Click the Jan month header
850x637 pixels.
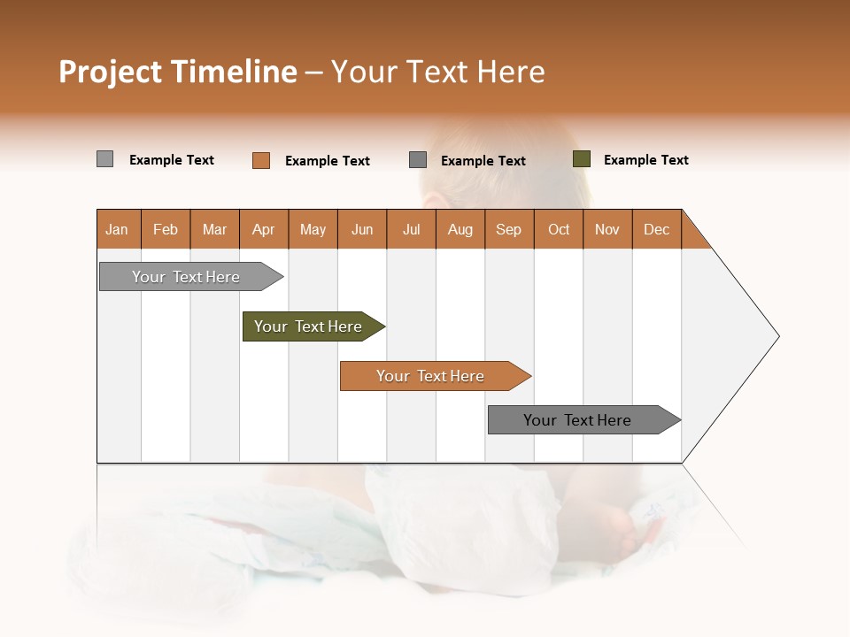118,229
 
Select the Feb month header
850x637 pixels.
166,229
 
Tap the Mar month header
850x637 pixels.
214,229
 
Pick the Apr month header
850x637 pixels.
264,229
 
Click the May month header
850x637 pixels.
313,229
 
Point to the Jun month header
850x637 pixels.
362,229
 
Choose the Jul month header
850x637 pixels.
411,229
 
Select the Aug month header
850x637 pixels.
460,229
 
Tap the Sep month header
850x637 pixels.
509,229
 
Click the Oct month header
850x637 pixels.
559,229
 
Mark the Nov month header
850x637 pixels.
607,229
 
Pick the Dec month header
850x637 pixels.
657,229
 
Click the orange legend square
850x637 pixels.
261,160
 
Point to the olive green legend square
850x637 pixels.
582,159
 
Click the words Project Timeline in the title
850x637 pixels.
178,72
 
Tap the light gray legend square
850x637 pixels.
105,159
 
